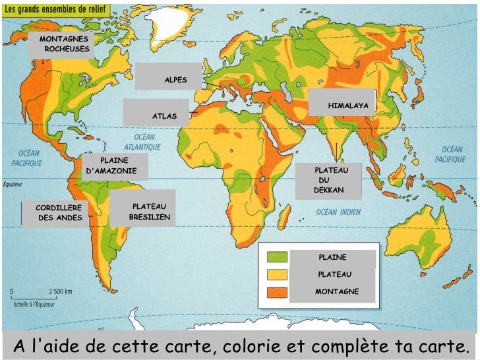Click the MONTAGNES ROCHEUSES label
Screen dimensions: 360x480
[x=63, y=45]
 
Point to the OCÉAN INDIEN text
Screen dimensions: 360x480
[x=338, y=212]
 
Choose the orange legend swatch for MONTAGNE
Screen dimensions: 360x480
[x=277, y=291]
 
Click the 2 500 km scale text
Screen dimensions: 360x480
[x=60, y=291]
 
